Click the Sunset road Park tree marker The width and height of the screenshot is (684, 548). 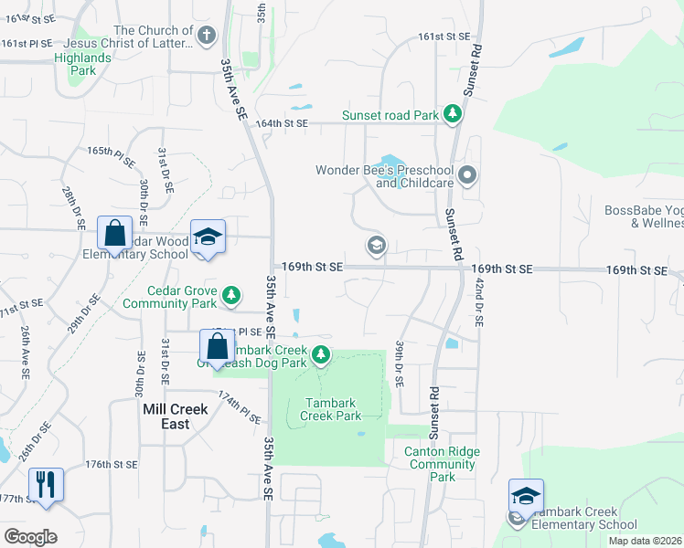452,114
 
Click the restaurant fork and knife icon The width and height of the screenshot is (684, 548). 44,483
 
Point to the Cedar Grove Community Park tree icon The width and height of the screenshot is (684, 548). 233,294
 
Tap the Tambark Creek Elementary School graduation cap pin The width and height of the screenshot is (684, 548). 526,497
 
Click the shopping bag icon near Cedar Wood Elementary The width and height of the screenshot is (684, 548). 115,234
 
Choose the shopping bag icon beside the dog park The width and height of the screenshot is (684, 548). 217,347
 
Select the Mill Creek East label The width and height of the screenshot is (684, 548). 176,416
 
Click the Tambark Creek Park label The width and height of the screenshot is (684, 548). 331,408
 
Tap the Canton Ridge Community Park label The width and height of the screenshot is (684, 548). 443,464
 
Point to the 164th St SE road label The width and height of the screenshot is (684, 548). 283,123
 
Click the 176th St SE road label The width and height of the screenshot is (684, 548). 112,465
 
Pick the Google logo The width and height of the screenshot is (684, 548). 30,537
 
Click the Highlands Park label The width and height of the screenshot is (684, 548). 81,64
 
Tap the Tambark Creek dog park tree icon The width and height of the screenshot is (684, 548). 320,354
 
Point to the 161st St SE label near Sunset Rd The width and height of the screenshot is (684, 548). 444,36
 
